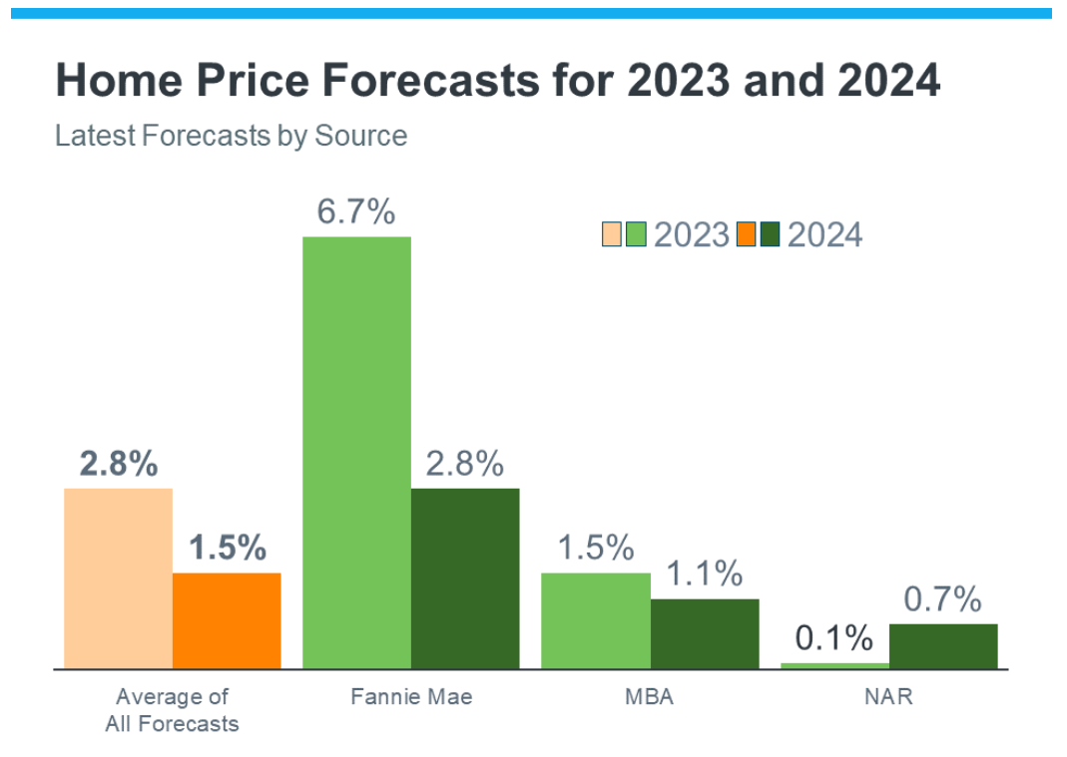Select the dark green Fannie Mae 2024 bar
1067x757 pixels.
pyautogui.click(x=465, y=577)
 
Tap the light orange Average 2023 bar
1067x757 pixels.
pyautogui.click(x=118, y=577)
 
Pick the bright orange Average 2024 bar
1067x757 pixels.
pyautogui.click(x=227, y=619)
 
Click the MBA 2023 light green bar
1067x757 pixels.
pyautogui.click(x=595, y=619)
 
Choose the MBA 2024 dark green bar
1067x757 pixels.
pyautogui.click(x=704, y=633)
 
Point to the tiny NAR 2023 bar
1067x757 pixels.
pyautogui.click(x=834, y=665)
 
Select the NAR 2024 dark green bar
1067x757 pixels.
pyautogui.click(x=943, y=645)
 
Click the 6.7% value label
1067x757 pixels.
pyautogui.click(x=356, y=212)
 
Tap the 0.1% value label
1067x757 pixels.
pyautogui.click(x=834, y=638)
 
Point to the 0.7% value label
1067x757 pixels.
pyautogui.click(x=943, y=599)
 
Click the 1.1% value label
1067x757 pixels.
pyautogui.click(x=704, y=573)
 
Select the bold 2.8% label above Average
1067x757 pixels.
pyautogui.click(x=118, y=464)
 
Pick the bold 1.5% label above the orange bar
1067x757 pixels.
pyautogui.click(x=227, y=548)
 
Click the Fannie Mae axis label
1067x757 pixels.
pyautogui.click(x=411, y=696)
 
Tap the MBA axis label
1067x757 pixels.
pyautogui.click(x=649, y=696)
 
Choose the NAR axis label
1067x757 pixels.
pyautogui.click(x=888, y=696)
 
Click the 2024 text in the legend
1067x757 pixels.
pyautogui.click(x=824, y=234)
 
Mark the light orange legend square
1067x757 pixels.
pyautogui.click(x=611, y=234)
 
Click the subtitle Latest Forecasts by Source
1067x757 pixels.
pyautogui.click(x=231, y=136)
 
